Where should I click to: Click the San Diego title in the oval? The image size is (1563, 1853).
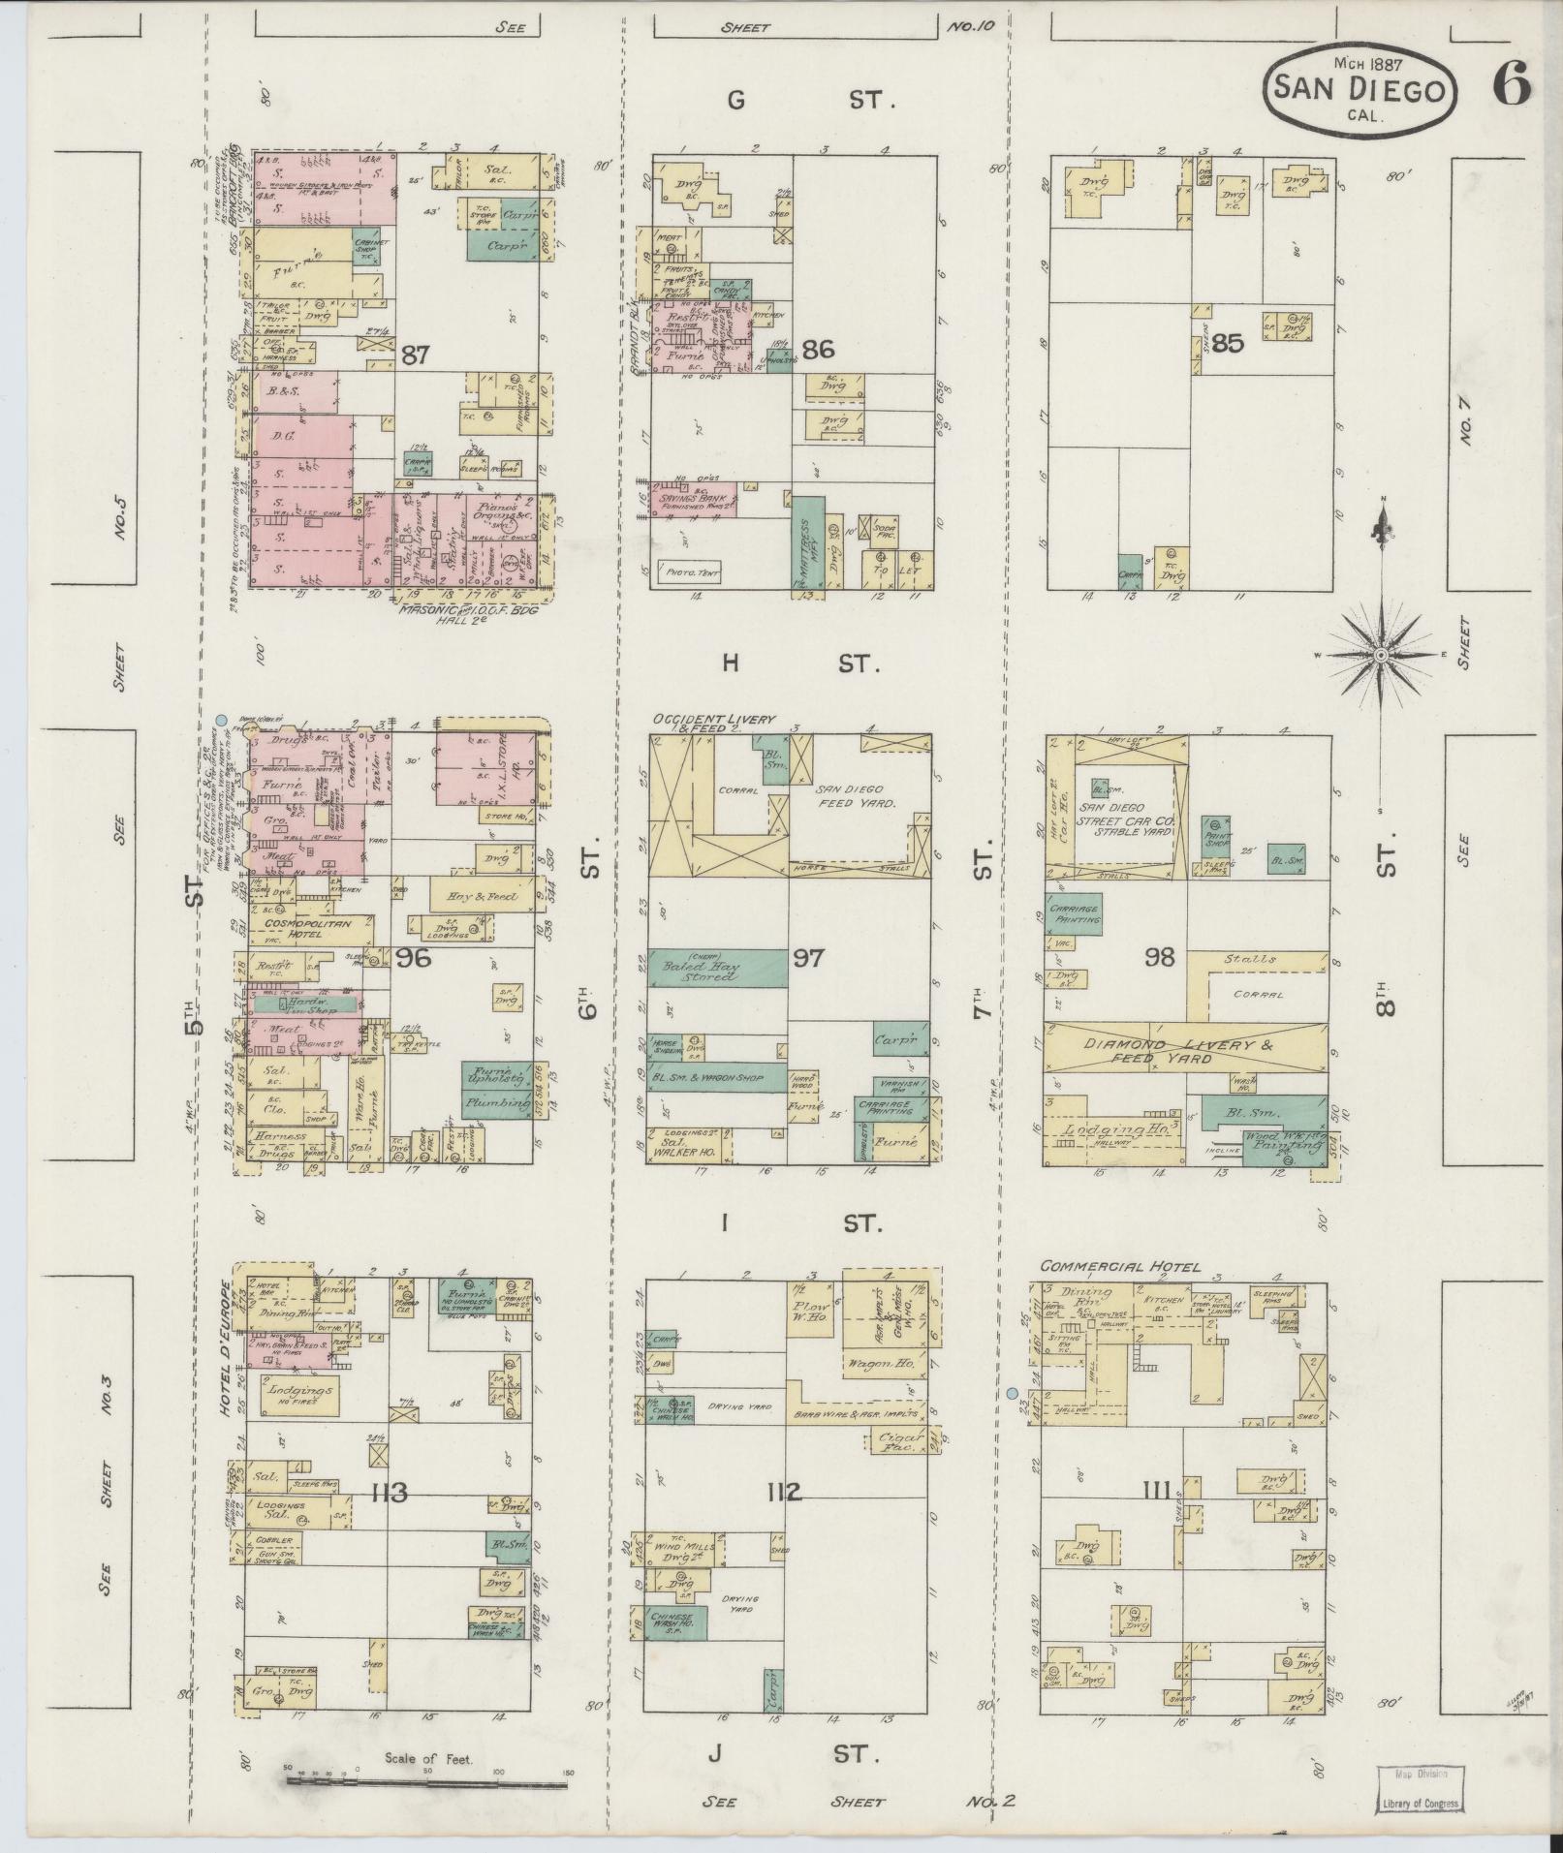pyautogui.click(x=1360, y=88)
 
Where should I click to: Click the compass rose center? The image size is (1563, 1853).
pyautogui.click(x=1380, y=656)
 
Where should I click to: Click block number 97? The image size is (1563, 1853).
pyautogui.click(x=807, y=958)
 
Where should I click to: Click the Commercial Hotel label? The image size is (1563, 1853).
pyautogui.click(x=1120, y=1266)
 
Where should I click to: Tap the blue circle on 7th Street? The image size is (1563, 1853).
pyautogui.click(x=1012, y=1393)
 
